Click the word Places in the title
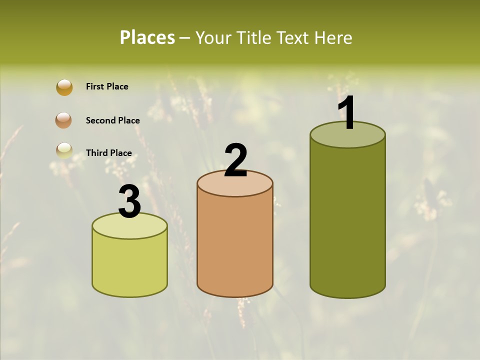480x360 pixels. (147, 37)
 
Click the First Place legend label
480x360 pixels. (107, 86)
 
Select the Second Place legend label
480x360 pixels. (112, 120)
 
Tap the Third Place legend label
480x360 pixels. (108, 153)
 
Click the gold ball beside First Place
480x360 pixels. (64, 87)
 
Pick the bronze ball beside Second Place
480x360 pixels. (63, 120)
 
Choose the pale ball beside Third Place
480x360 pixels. (64, 150)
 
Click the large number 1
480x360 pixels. (347, 113)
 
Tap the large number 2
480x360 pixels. (235, 160)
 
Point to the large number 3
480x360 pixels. (129, 202)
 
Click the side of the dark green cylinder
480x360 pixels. (347, 220)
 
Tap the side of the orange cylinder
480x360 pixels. (235, 245)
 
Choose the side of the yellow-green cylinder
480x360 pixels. (129, 265)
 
